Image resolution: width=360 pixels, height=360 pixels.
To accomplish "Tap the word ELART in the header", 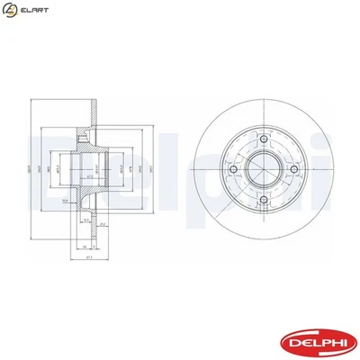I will (x=33, y=12).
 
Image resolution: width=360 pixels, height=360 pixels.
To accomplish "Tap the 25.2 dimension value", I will (x=103, y=224).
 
